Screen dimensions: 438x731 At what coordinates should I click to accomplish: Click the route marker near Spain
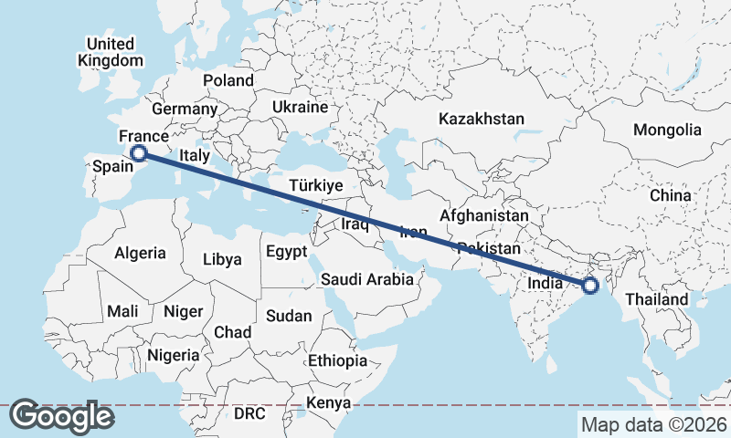click(139, 153)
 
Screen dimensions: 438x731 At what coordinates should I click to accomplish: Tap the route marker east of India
click(590, 286)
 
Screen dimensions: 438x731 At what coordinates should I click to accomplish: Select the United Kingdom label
click(111, 52)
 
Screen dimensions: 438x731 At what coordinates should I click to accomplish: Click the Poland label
click(228, 80)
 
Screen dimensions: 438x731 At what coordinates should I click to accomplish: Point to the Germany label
click(185, 109)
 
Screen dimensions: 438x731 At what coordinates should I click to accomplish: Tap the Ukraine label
click(300, 107)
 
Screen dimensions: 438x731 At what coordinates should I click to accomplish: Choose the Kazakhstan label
click(482, 119)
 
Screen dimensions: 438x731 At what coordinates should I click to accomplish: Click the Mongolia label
click(667, 130)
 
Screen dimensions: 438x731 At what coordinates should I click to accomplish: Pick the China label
click(671, 195)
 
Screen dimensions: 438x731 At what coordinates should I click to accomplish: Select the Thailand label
click(656, 299)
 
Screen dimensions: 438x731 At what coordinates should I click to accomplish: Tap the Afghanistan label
click(483, 215)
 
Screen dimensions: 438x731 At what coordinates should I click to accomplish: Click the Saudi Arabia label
click(367, 279)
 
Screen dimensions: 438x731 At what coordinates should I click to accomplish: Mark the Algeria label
click(140, 253)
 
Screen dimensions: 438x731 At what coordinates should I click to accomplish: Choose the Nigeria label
click(173, 354)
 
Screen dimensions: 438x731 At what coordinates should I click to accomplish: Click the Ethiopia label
click(337, 360)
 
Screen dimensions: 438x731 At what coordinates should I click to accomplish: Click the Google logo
click(62, 416)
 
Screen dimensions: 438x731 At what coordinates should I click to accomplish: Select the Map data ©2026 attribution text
click(654, 424)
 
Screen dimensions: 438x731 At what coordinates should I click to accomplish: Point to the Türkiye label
click(315, 185)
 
